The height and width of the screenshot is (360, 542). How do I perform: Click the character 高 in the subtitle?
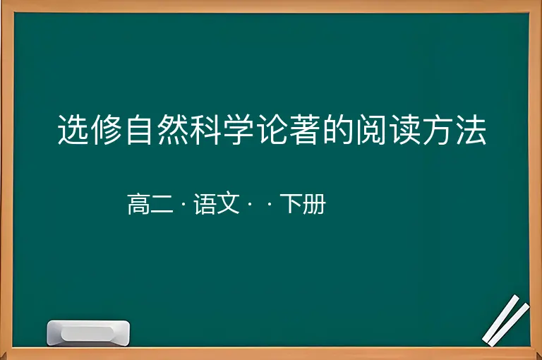coord(139,204)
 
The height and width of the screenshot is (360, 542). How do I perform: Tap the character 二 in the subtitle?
coord(162,204)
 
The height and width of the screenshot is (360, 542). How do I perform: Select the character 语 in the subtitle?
coord(205,204)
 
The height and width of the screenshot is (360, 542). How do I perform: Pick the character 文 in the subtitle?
coord(228,204)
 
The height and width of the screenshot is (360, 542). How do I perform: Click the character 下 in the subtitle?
coord(291,204)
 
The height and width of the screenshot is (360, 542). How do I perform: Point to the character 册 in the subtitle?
coord(315,204)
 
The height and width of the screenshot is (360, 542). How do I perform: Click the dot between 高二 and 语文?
coord(183,204)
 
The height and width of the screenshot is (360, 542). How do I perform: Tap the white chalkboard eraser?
coord(88,332)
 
